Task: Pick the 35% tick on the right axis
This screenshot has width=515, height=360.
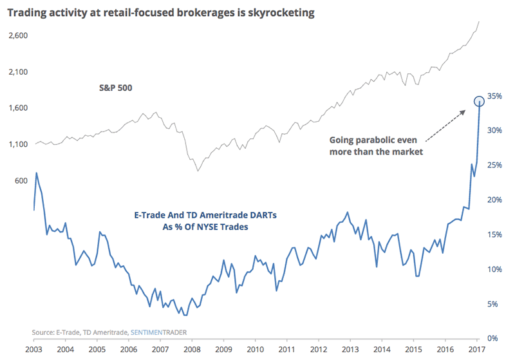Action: point(494,96)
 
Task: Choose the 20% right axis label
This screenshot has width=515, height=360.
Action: point(494,200)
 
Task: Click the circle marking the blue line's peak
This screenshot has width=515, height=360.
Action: point(479,101)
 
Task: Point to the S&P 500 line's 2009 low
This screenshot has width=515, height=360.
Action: point(198,171)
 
